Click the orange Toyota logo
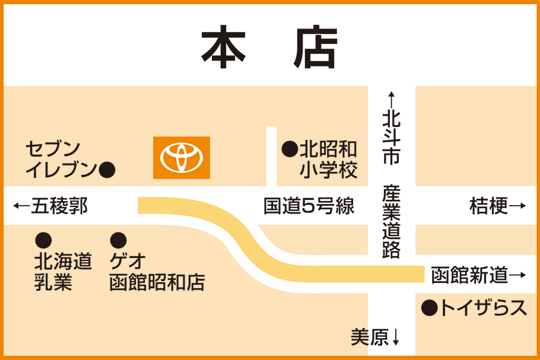(181, 158)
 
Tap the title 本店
(269, 47)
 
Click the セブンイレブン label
(59, 159)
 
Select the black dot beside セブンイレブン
(107, 171)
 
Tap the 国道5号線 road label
(309, 206)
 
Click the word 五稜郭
(59, 206)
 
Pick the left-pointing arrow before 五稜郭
(21, 206)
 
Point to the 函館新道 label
(469, 275)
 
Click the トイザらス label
(482, 308)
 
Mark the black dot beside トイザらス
(429, 308)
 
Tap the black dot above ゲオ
(118, 240)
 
